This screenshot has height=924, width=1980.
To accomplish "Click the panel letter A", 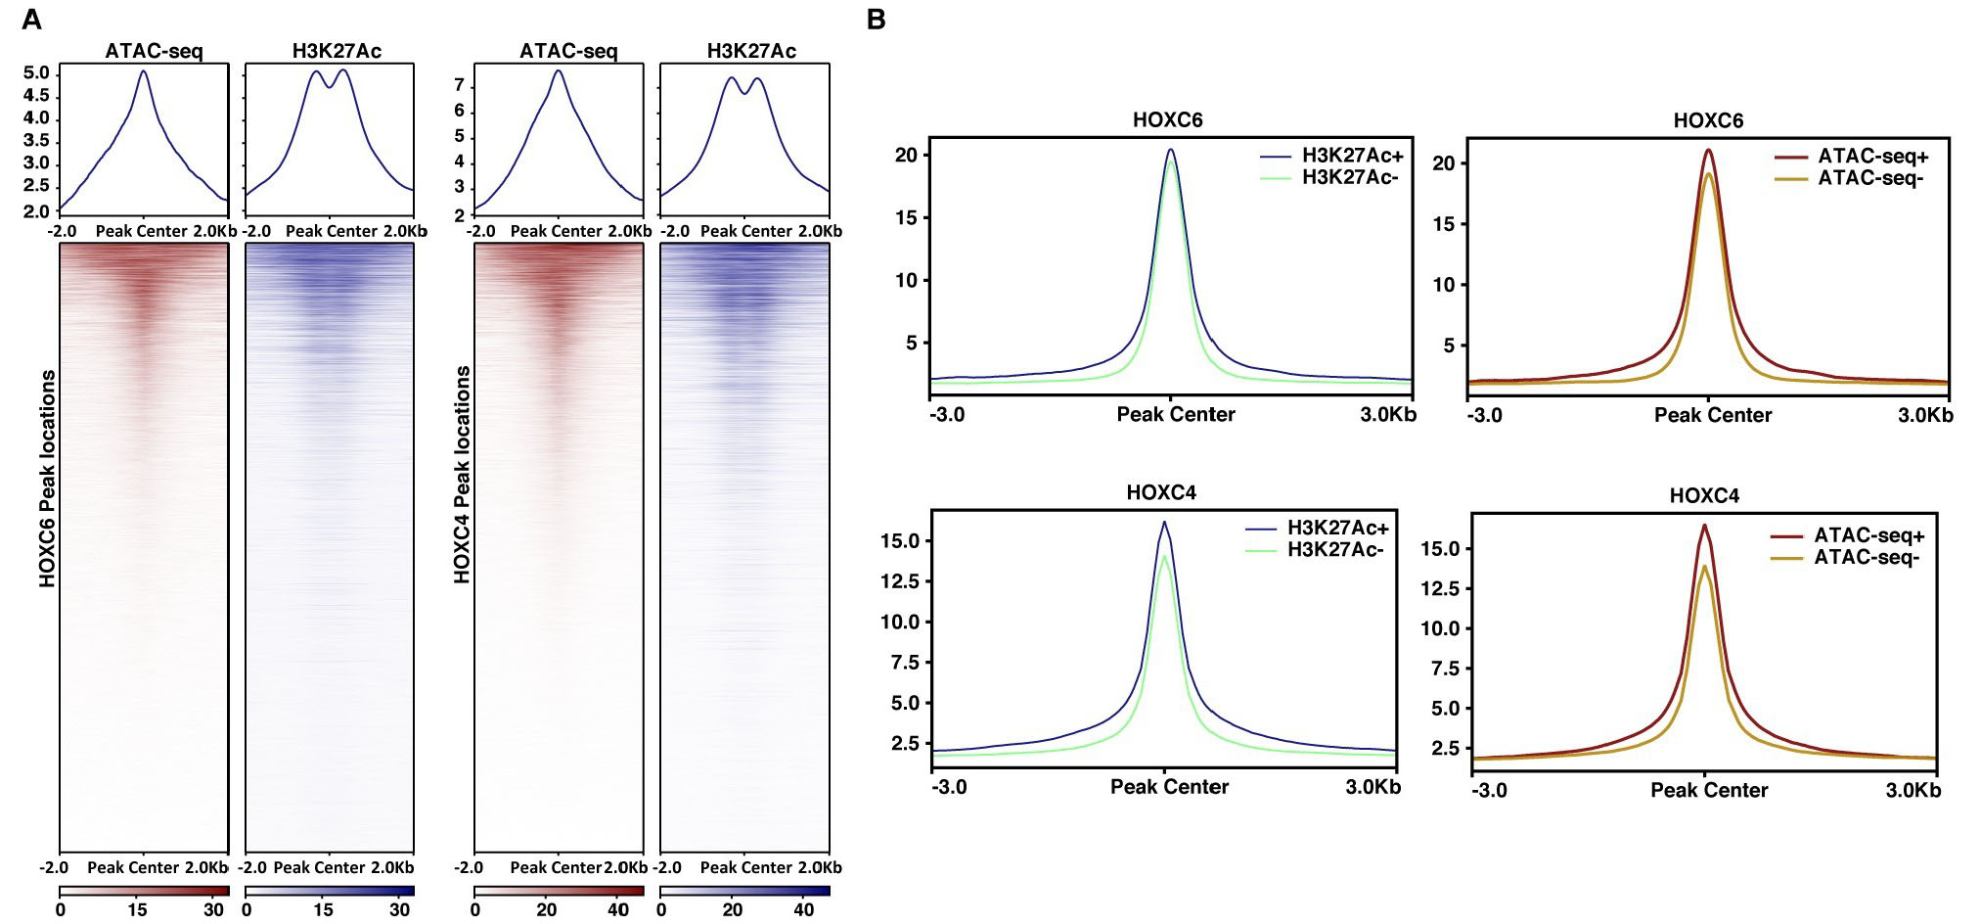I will point(31,19).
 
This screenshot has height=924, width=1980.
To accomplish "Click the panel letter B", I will point(876,19).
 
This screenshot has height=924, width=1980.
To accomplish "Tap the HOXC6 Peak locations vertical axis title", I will point(47,479).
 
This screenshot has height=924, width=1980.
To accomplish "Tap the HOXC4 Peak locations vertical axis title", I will point(462,476).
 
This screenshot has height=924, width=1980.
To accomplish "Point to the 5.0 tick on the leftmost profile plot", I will point(36,73).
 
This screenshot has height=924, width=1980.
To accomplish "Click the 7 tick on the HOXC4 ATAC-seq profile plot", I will point(458,86).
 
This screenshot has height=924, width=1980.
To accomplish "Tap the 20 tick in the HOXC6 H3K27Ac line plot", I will point(906,155).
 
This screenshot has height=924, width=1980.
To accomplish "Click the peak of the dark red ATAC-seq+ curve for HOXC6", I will point(1708,151).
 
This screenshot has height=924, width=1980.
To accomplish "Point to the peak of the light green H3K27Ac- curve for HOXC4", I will point(1164,557).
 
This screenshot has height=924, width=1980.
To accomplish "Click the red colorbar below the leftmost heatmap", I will point(144,891).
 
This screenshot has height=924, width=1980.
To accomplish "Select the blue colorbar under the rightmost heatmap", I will point(744,891).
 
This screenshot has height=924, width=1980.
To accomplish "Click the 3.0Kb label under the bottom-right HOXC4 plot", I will point(1912,791).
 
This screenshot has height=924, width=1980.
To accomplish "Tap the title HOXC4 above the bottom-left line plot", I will point(1161,492).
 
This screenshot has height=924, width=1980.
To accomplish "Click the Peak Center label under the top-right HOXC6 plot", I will point(1712,415).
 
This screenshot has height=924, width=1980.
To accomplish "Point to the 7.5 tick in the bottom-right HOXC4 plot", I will point(1445,669).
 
